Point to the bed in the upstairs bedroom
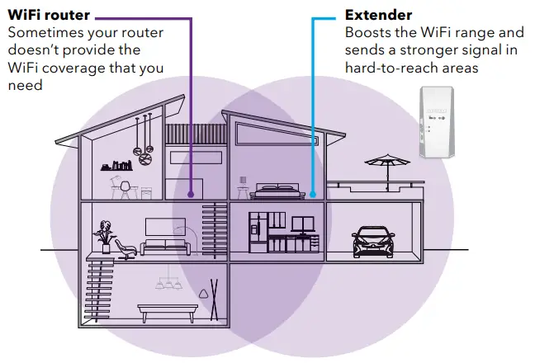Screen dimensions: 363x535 pyautogui.click(x=277, y=191)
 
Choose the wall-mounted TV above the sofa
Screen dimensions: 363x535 pyautogui.click(x=164, y=226)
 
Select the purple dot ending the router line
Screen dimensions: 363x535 pyautogui.click(x=192, y=196)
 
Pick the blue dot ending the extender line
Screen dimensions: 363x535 pyautogui.click(x=312, y=196)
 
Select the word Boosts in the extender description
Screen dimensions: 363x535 pyautogui.click(x=368, y=33)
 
